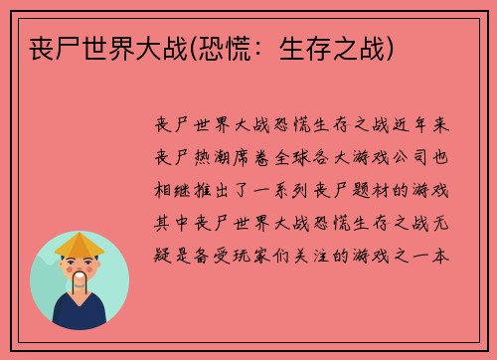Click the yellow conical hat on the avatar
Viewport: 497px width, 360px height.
tap(80, 243)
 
